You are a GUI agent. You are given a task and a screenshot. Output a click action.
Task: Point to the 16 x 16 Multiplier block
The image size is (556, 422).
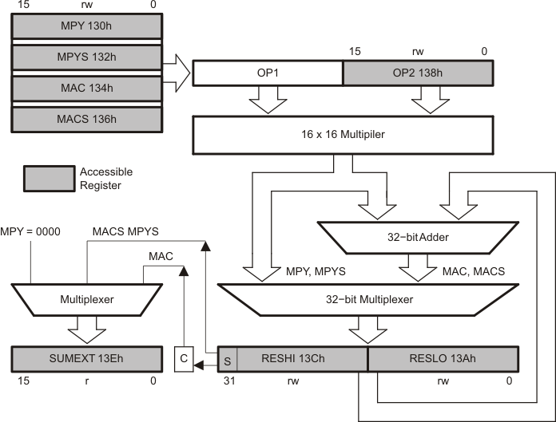[x=342, y=134]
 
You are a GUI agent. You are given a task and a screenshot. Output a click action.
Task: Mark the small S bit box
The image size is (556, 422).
[x=227, y=359]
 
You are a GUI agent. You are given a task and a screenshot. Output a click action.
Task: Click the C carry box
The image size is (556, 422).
[x=184, y=359]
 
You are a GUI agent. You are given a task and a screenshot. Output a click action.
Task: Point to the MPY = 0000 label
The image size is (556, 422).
[x=30, y=231]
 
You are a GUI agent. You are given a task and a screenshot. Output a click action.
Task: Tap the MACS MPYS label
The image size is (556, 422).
[x=126, y=231]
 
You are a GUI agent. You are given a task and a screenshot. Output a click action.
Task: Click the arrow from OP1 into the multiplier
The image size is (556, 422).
[x=268, y=101]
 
